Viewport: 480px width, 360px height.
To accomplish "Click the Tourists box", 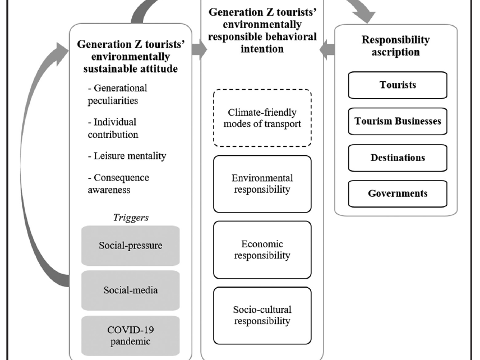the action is pos(398,85).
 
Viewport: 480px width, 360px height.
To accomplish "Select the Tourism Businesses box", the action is pos(398,121).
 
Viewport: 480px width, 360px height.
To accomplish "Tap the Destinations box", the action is pos(398,158).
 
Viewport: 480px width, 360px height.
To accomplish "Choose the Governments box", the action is pos(398,194).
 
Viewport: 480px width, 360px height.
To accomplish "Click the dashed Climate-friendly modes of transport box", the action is pos(262,118).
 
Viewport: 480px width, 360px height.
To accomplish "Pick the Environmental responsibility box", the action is pos(262,184).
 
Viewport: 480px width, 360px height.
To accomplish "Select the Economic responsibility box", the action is pos(262,250).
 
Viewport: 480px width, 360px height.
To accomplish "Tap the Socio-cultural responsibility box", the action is pos(262,315).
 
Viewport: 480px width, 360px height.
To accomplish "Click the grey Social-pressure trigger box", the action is pos(131,246).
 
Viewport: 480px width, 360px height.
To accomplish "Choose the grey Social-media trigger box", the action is pos(131,290).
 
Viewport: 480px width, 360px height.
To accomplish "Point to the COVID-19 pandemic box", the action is pos(131,335).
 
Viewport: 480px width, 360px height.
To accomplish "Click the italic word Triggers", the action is pos(131,218).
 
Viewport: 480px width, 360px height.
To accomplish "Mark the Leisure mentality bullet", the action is pos(127,156).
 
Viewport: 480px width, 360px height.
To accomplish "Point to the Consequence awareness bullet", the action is pos(118,184).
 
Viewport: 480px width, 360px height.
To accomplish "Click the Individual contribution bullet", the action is pos(113,128).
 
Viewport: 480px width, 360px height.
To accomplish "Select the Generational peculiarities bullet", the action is pos(117,94).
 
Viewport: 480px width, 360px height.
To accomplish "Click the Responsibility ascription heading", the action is pos(395,45).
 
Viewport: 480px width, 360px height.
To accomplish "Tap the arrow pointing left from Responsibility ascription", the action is pos(327,49).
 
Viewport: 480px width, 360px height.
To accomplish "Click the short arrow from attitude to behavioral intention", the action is pos(199,49).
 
